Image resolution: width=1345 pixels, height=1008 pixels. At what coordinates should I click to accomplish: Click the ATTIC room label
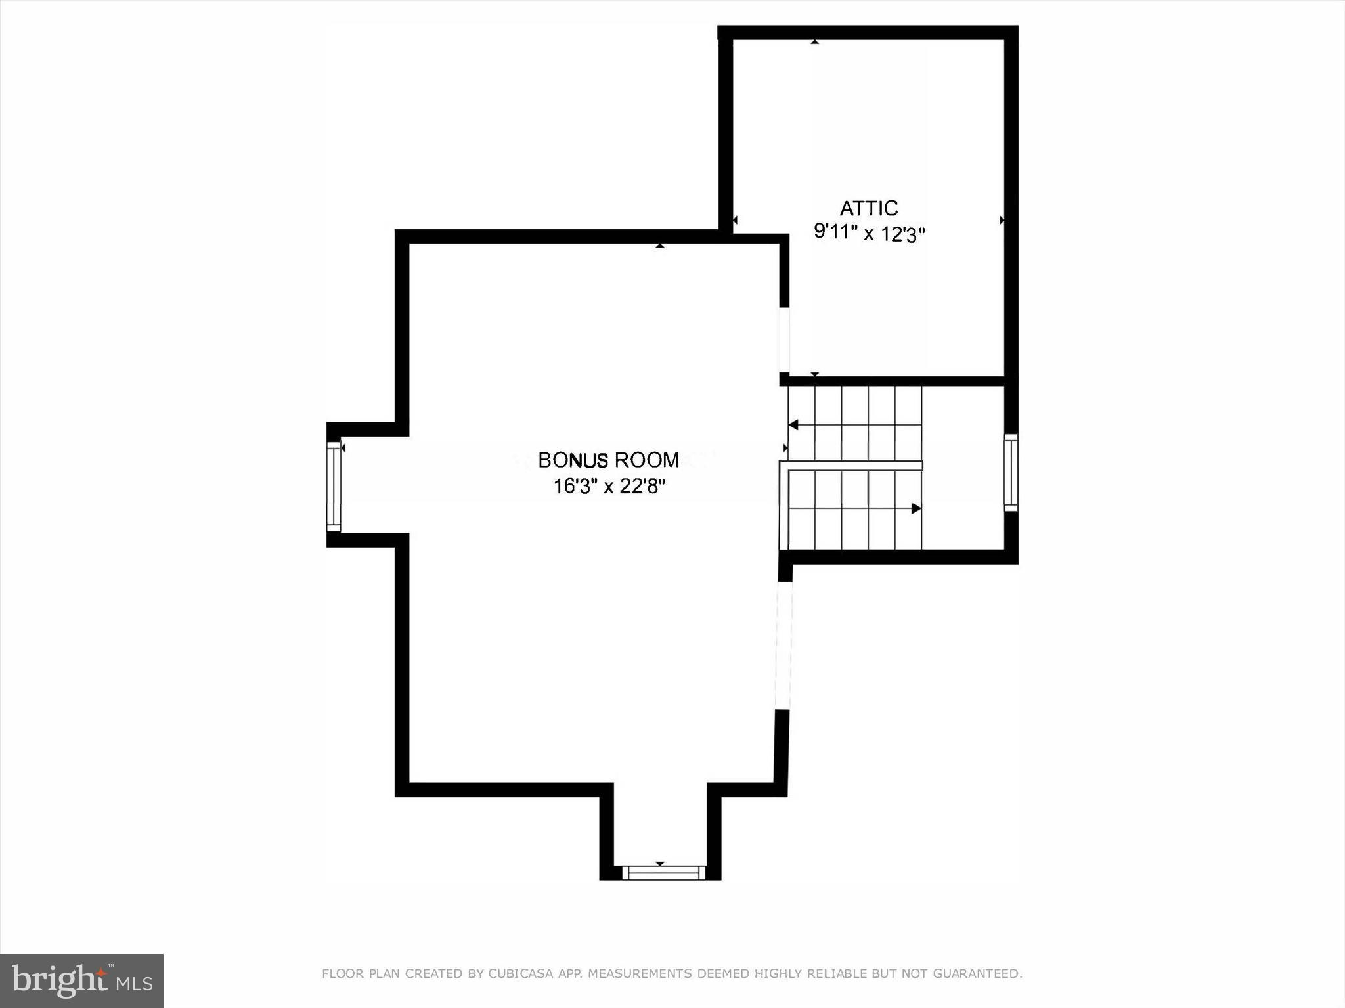[868, 208]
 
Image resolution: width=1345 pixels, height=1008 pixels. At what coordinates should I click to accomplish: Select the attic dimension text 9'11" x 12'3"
[869, 232]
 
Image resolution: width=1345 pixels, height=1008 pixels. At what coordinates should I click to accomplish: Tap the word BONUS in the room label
[573, 460]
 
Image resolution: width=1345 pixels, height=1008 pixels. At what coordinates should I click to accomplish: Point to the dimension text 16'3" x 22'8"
[609, 487]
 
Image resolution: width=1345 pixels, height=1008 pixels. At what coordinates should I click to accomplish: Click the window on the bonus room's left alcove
[334, 486]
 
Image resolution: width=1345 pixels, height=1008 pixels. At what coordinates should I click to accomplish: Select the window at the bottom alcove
[663, 873]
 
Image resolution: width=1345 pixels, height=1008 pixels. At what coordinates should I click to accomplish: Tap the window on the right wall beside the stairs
[1011, 472]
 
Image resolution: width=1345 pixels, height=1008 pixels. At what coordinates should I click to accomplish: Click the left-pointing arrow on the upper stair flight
[793, 425]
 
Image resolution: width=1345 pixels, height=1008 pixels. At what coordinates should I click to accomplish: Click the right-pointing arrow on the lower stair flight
[916, 508]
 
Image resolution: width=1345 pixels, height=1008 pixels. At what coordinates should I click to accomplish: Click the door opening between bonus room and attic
[784, 340]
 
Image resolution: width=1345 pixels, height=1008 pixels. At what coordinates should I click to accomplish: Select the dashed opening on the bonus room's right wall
[783, 646]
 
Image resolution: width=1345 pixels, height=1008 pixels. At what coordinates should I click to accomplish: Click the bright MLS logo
[81, 980]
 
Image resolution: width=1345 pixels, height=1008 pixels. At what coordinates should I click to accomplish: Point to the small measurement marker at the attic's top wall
[814, 41]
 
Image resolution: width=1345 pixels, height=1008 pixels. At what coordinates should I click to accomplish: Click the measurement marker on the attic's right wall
[1002, 220]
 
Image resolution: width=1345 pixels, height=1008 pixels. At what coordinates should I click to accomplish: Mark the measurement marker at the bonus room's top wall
[660, 246]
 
